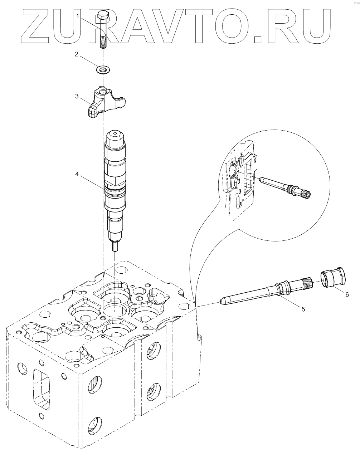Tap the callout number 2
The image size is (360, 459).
point(76,54)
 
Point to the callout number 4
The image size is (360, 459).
point(77,175)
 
